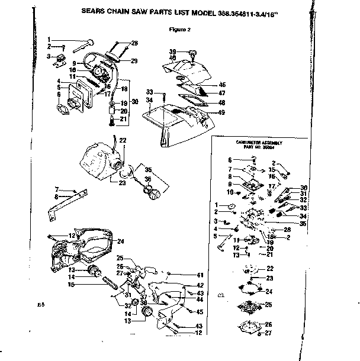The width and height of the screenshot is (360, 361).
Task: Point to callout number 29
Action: tap(134, 61)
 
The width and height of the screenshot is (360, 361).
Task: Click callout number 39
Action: tap(173, 51)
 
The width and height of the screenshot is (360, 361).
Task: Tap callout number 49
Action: tap(221, 112)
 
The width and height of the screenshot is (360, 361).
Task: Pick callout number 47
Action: tap(221, 94)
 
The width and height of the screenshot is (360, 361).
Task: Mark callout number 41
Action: tap(200, 275)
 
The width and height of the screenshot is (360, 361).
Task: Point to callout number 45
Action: tap(200, 312)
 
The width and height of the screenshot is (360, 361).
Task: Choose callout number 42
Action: tap(200, 285)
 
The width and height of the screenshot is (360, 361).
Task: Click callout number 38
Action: tap(143, 301)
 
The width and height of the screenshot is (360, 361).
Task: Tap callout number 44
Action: tap(200, 299)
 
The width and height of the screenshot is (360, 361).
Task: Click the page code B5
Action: tap(41, 305)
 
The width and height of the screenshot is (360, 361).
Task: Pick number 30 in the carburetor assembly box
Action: tap(304, 187)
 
